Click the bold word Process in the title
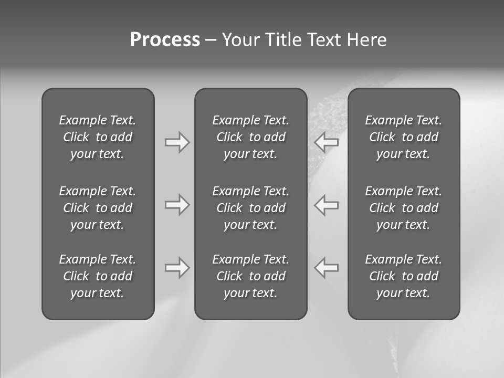click(x=165, y=40)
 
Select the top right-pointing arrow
click(x=177, y=142)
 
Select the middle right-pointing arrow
click(x=177, y=205)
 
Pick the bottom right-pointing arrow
click(x=177, y=268)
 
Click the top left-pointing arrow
click(x=327, y=142)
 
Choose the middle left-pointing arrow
click(x=327, y=205)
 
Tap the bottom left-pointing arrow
click(x=327, y=268)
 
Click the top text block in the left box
click(x=98, y=137)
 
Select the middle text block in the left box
click(x=98, y=208)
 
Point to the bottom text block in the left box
click(x=98, y=276)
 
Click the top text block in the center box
click(x=250, y=137)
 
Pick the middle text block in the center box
click(x=250, y=208)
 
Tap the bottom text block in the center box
click(x=250, y=276)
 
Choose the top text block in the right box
click(x=403, y=137)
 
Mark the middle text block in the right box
click(x=403, y=208)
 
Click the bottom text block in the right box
click(x=403, y=276)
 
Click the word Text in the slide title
click(x=324, y=40)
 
